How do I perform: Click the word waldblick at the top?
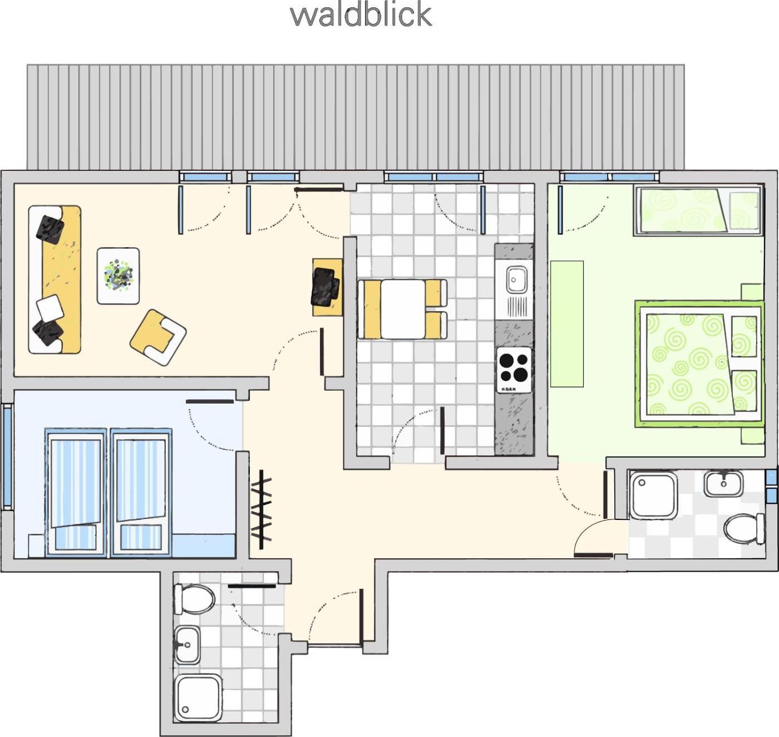361,16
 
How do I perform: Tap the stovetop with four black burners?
514,370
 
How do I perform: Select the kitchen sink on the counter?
516,279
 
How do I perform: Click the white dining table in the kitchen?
402,309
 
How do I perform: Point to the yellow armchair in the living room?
159,337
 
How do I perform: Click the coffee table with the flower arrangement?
118,276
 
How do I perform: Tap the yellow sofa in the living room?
55,279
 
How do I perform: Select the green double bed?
700,364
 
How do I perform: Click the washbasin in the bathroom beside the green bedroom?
723,484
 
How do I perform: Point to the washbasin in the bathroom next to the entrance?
188,645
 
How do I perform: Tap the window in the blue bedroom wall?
7,456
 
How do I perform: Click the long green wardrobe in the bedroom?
567,323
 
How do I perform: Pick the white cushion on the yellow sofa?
50,308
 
